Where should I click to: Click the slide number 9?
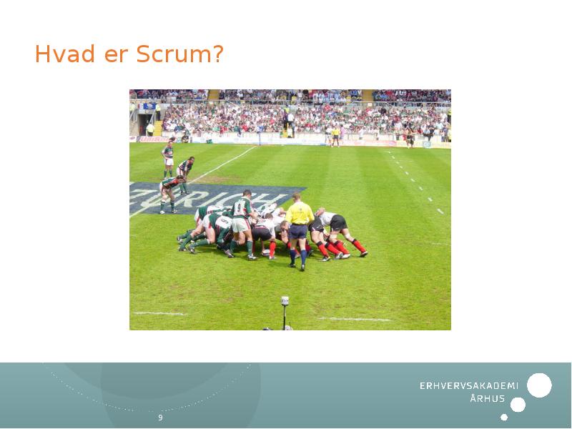pos(160,418)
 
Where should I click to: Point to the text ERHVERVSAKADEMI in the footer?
pos(468,386)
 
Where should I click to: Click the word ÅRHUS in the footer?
pos(488,399)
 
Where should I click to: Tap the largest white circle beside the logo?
pos(539,385)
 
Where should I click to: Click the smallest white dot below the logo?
pos(504,417)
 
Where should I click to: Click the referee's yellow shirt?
pos(299,212)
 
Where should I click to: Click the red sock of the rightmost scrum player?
pos(358,245)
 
